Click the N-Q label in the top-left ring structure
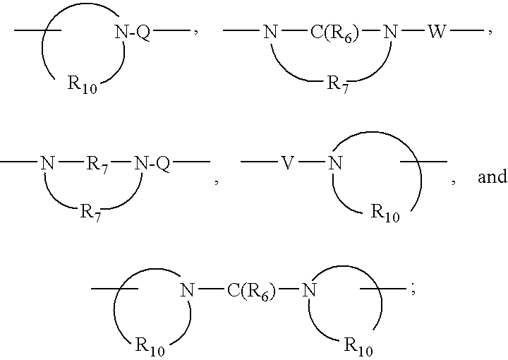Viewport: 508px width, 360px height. click(x=132, y=32)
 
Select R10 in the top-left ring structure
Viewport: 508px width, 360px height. click(x=83, y=84)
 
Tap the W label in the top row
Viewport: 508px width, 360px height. click(x=437, y=32)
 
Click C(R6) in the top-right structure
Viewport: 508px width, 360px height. click(x=334, y=32)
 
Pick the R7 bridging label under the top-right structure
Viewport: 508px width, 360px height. click(x=337, y=85)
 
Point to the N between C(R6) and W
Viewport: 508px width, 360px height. click(x=390, y=32)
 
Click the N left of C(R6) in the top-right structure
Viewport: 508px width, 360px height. click(x=270, y=32)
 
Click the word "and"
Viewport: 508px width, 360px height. click(x=492, y=176)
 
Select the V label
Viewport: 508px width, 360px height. click(x=287, y=163)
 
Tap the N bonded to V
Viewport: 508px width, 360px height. click(x=335, y=163)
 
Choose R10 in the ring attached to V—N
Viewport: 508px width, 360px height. click(x=385, y=213)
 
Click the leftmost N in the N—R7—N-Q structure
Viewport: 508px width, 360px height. click(x=47, y=163)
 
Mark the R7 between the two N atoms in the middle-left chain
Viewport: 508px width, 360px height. click(x=97, y=165)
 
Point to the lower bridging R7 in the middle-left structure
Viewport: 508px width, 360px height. click(x=90, y=213)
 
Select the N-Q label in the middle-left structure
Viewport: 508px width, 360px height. click(x=152, y=163)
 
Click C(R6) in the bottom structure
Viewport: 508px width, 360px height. click(x=251, y=290)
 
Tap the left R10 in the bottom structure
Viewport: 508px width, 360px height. click(x=150, y=347)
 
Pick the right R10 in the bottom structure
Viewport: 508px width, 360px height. click(x=358, y=347)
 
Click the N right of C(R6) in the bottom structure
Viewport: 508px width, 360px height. click(x=309, y=289)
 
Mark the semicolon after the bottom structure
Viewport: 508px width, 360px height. click(x=413, y=290)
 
